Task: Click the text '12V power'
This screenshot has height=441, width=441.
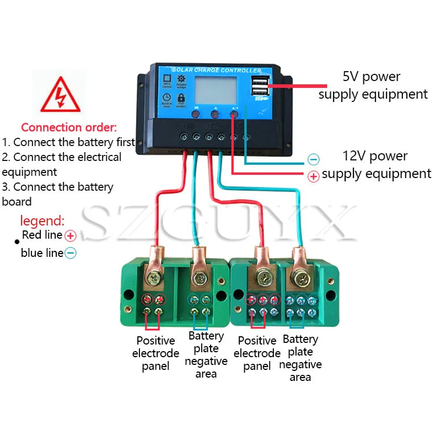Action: click(374, 156)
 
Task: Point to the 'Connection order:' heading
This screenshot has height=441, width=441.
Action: click(69, 127)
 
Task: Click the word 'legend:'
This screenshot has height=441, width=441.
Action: click(42, 222)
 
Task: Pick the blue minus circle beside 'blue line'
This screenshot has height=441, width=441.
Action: click(71, 254)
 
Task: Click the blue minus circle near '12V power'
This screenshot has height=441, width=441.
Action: click(313, 160)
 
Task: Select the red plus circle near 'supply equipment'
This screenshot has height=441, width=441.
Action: click(313, 176)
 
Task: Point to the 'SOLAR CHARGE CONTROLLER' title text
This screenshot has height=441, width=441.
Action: click(217, 71)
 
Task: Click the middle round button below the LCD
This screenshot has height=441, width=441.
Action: click(215, 115)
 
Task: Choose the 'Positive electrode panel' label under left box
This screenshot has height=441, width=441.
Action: click(155, 353)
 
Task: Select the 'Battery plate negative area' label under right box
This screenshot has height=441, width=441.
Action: click(300, 358)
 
